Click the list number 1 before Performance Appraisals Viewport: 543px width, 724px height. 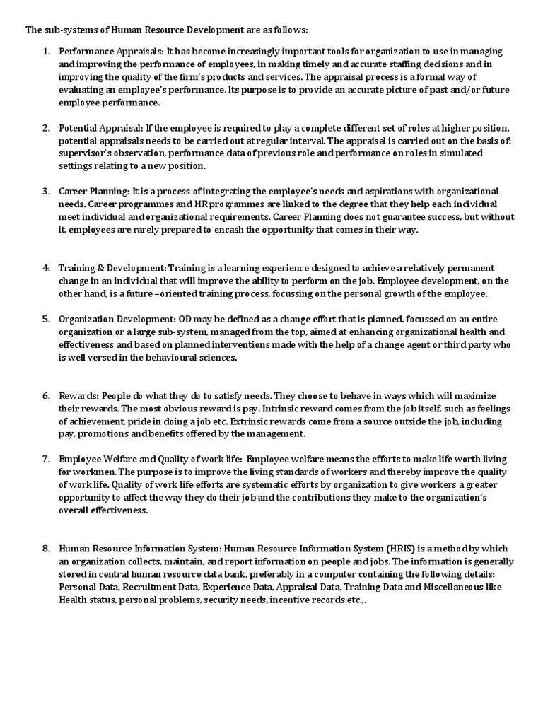click(x=46, y=52)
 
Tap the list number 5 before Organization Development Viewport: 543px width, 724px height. click(x=46, y=319)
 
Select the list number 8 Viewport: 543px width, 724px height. click(x=46, y=548)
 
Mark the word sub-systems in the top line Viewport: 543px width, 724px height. click(x=69, y=30)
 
